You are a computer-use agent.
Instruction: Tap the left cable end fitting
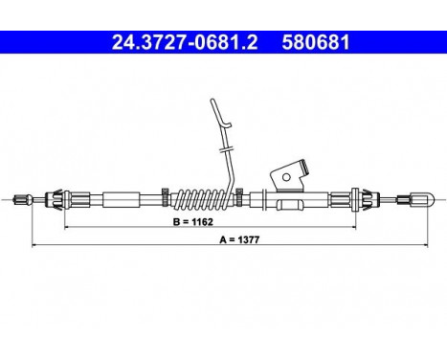(x=21, y=200)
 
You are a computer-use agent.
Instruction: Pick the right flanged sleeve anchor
(x=363, y=200)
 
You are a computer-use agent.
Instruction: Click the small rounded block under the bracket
(x=287, y=204)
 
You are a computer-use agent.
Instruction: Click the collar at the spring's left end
(x=167, y=199)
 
